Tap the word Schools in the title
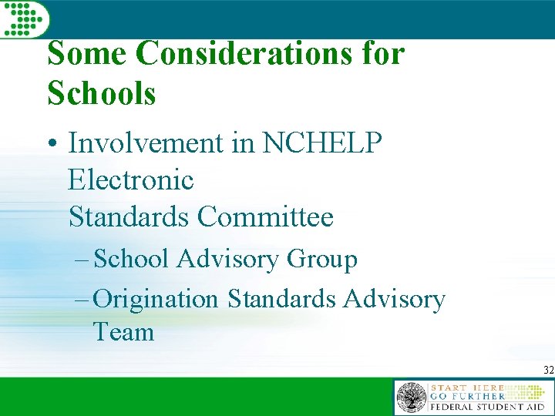[x=102, y=94]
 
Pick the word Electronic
[x=131, y=180]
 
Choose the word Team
[x=123, y=333]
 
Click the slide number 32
[x=548, y=371]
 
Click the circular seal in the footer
[x=411, y=398]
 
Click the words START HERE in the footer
[x=466, y=387]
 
